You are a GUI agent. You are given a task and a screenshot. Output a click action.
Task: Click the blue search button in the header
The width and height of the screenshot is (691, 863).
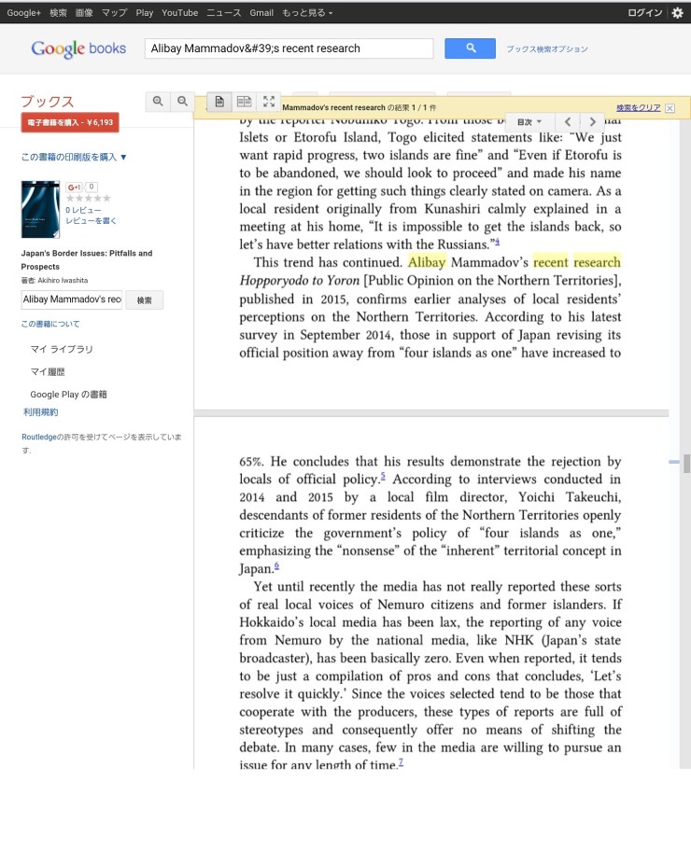coord(470,49)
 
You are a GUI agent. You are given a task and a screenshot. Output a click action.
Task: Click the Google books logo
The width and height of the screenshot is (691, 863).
coord(78,49)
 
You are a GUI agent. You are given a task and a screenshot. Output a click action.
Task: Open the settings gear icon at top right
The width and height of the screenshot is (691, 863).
coord(678,13)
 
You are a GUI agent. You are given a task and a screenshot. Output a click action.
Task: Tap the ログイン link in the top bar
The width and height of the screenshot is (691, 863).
coord(645,13)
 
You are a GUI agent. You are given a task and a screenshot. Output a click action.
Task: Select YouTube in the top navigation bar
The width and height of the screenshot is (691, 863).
coord(179,13)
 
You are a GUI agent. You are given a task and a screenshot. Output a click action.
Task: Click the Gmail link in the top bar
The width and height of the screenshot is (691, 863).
coord(261,13)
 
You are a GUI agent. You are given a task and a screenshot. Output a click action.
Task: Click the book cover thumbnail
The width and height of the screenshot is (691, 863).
coord(40,209)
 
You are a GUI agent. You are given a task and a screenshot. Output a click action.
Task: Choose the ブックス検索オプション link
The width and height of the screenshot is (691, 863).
coord(547,49)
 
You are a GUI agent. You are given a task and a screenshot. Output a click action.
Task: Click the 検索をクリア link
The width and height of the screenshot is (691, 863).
coord(639,108)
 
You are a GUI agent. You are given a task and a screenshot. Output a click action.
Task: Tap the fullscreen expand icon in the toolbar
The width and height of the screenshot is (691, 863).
coord(269,102)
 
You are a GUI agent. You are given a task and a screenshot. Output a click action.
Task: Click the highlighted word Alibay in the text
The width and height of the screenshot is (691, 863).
coord(427,263)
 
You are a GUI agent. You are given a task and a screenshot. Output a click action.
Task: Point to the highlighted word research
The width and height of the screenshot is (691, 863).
coord(597,263)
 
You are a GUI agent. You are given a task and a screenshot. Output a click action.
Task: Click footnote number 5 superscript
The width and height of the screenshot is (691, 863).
coord(383,477)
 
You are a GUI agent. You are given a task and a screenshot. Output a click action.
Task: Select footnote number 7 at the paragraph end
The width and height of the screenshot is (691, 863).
coord(401,762)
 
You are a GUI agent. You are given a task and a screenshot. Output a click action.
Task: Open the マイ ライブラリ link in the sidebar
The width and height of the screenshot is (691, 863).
coord(62,349)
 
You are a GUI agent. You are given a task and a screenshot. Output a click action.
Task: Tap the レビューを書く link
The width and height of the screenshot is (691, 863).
coord(92,220)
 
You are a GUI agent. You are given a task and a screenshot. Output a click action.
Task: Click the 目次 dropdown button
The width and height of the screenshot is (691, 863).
coord(529,122)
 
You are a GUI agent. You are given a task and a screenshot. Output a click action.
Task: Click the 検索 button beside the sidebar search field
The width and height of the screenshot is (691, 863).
coord(145,299)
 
